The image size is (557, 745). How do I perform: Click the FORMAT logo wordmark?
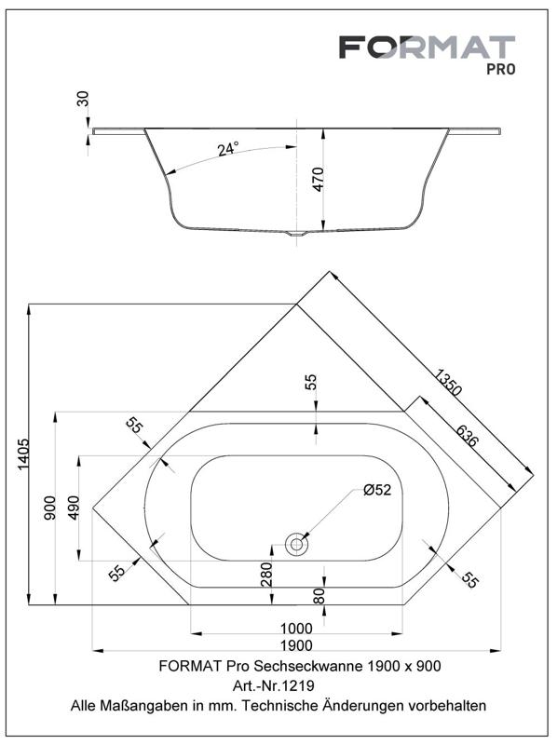[427, 47]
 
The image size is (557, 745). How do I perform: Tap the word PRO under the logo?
[500, 69]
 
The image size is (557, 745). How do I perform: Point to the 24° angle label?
[228, 149]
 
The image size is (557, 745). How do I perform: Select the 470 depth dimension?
[319, 179]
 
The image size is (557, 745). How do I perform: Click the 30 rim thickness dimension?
[83, 100]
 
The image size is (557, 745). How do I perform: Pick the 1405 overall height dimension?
[22, 454]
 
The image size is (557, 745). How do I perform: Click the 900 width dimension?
[50, 508]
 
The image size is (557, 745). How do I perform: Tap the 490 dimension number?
[74, 508]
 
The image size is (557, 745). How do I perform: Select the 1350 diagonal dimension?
[447, 382]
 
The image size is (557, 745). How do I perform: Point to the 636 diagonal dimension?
[466, 435]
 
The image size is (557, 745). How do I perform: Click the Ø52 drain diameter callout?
[377, 490]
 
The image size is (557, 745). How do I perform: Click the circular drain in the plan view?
[296, 545]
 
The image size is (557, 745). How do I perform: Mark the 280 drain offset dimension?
[266, 574]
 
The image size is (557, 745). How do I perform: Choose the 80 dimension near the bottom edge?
[319, 596]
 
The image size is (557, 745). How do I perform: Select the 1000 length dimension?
[296, 629]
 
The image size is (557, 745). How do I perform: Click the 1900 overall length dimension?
[296, 645]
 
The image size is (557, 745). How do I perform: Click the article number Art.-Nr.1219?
[273, 685]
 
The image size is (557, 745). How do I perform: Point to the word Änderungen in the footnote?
[363, 706]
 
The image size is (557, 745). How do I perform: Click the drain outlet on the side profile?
[296, 234]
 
